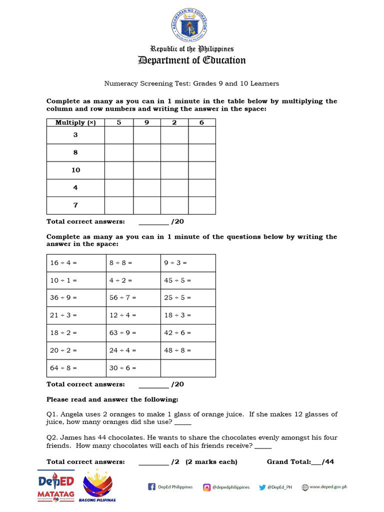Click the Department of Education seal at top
click(x=192, y=25)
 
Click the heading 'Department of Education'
click(x=192, y=60)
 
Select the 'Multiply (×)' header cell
click(x=75, y=122)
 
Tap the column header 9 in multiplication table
click(x=146, y=122)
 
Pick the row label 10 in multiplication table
click(x=75, y=170)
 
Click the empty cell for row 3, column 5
click(x=119, y=135)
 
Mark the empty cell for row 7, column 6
click(x=202, y=205)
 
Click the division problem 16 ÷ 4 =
click(x=63, y=262)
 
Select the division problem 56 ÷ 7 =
click(x=122, y=297)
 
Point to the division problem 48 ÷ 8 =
click(x=177, y=350)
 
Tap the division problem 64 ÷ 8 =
click(x=63, y=367)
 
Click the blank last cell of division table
click(x=188, y=367)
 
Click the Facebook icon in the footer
click(x=151, y=487)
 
